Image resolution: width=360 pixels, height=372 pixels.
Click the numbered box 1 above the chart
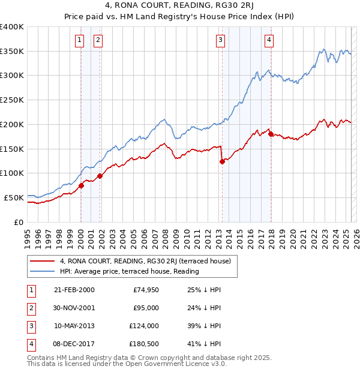(x=79, y=40)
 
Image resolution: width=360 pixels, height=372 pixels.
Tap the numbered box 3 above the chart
(x=220, y=40)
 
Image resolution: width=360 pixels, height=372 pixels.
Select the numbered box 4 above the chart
(x=269, y=40)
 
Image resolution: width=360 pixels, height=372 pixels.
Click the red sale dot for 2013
(x=222, y=161)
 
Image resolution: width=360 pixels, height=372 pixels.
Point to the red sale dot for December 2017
(x=271, y=134)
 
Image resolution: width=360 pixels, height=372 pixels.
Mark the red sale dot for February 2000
(x=81, y=185)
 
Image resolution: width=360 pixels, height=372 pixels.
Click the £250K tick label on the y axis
(x=12, y=100)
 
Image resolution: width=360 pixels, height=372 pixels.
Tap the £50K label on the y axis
(x=14, y=197)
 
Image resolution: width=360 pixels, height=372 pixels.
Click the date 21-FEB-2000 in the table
(x=74, y=290)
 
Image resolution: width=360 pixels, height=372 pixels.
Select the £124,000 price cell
(x=143, y=326)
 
